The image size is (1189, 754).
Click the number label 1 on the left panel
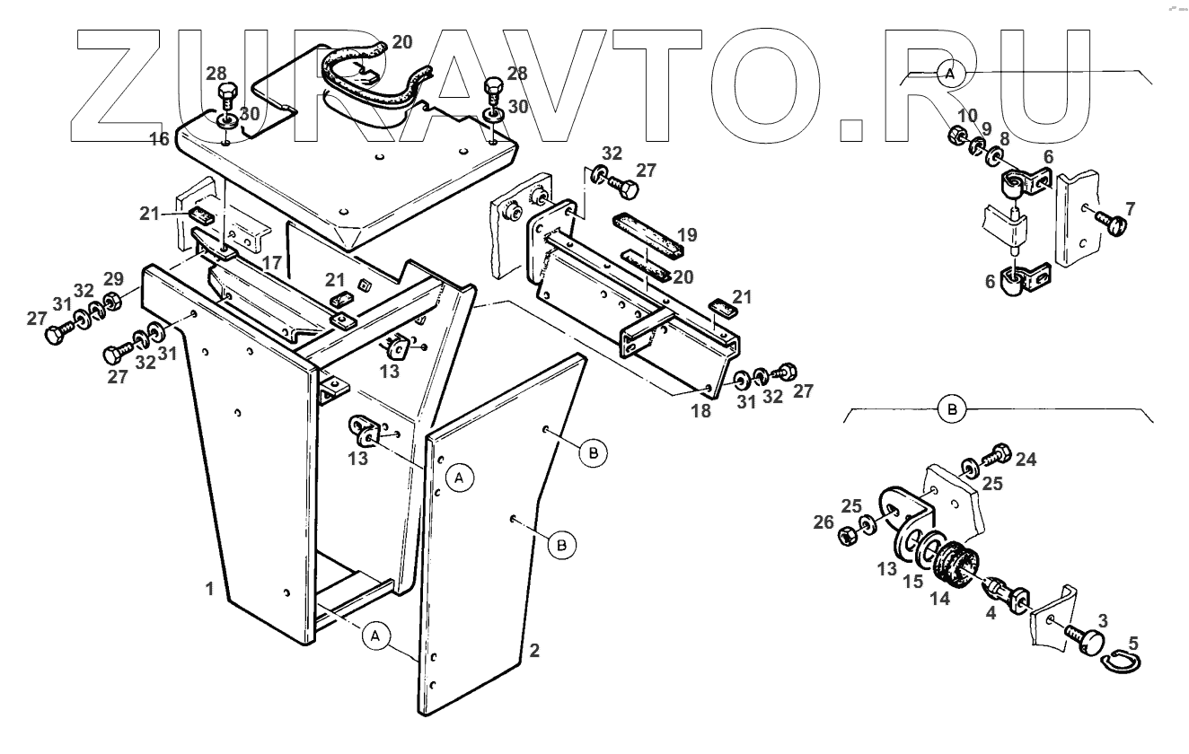click(x=208, y=590)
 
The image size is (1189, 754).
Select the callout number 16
click(x=159, y=138)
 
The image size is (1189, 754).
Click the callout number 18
click(x=700, y=411)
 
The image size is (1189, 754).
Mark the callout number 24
click(x=1026, y=460)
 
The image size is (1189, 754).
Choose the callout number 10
click(x=966, y=116)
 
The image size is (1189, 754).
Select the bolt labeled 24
click(x=998, y=453)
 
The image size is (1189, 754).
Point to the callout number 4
click(x=991, y=614)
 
